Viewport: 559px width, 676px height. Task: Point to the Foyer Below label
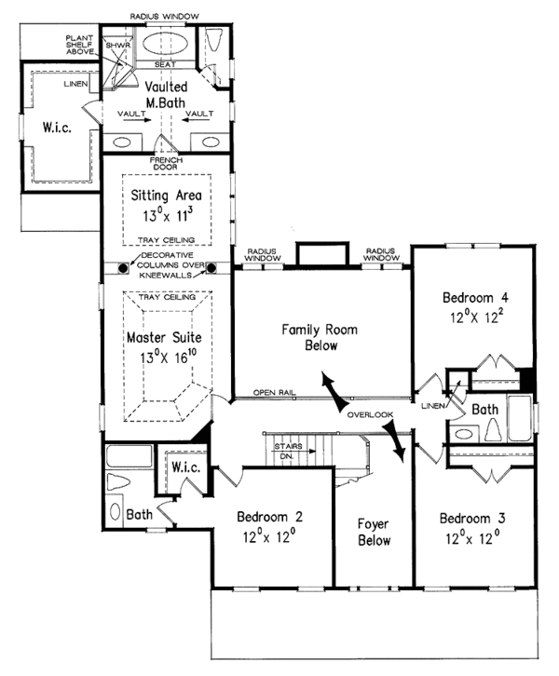click(x=373, y=532)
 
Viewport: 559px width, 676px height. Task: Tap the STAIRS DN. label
click(x=288, y=452)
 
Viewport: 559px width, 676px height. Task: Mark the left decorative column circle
click(x=123, y=268)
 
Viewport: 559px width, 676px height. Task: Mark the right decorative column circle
click(x=211, y=268)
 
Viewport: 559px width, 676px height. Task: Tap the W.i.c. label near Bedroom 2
click(x=183, y=467)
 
